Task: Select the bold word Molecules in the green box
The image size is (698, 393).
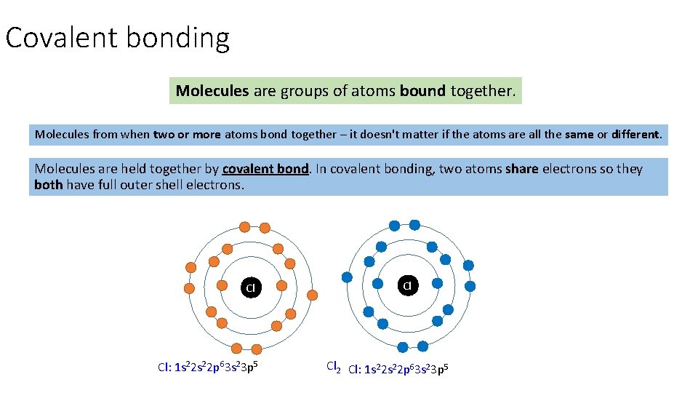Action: tap(212, 91)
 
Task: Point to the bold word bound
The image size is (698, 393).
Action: tap(422, 91)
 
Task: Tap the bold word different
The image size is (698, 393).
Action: tap(636, 135)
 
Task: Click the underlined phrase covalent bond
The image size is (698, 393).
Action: tap(266, 169)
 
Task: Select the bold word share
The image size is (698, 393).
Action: tap(521, 169)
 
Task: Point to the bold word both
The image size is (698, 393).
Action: tap(48, 185)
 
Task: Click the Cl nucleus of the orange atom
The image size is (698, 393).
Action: tap(250, 287)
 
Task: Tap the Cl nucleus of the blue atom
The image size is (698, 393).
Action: tap(407, 285)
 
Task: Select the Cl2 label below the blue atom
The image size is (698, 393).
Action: tap(334, 367)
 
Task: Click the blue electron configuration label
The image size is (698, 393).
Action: tap(398, 369)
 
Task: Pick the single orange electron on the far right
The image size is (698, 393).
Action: tap(313, 295)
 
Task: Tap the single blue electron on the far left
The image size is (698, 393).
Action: tap(347, 277)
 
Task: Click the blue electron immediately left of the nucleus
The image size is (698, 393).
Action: tap(378, 284)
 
